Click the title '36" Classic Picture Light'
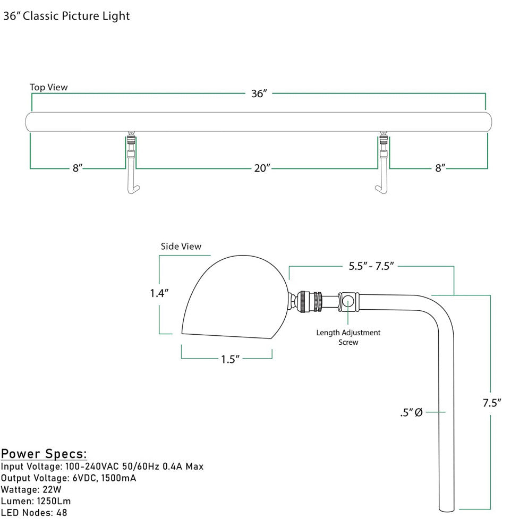pos(66,16)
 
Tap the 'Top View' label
pos(49,87)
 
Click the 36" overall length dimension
pos(259,94)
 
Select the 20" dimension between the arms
pos(262,168)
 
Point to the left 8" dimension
pos(78,168)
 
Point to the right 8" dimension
pos(440,168)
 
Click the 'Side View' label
pos(181,247)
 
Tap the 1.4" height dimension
pos(159,293)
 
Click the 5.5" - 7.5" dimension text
pos(371,267)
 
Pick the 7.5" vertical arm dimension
pos(492,403)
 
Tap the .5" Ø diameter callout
pos(411,412)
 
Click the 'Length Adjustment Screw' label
pos(348,337)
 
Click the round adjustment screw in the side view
pos(348,302)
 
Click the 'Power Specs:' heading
pos(44,454)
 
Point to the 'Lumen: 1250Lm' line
pos(36,501)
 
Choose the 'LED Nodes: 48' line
pos(34,513)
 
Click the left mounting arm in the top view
pos(131,165)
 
